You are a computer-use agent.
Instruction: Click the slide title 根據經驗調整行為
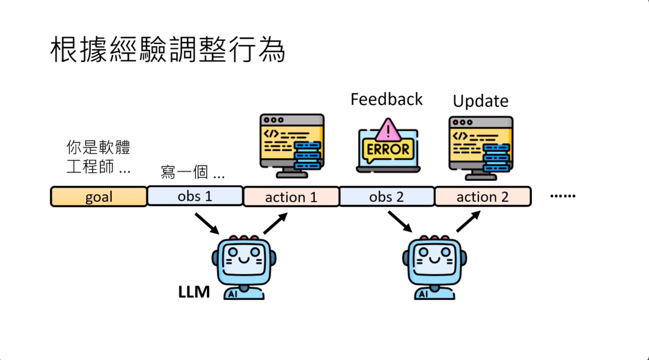[167, 51]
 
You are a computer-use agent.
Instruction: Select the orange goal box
[99, 197]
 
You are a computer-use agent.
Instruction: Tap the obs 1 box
[195, 196]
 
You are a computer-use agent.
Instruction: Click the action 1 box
[291, 197]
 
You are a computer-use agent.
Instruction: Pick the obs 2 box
[386, 196]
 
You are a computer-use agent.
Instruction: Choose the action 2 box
[483, 197]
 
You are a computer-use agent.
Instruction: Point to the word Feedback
[386, 99]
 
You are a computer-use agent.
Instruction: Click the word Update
[480, 101]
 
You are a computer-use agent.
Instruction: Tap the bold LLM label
[193, 292]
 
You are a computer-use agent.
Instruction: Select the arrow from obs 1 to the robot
[206, 224]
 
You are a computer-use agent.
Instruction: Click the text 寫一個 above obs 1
[192, 173]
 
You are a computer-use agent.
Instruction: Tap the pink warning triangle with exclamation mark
[390, 129]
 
